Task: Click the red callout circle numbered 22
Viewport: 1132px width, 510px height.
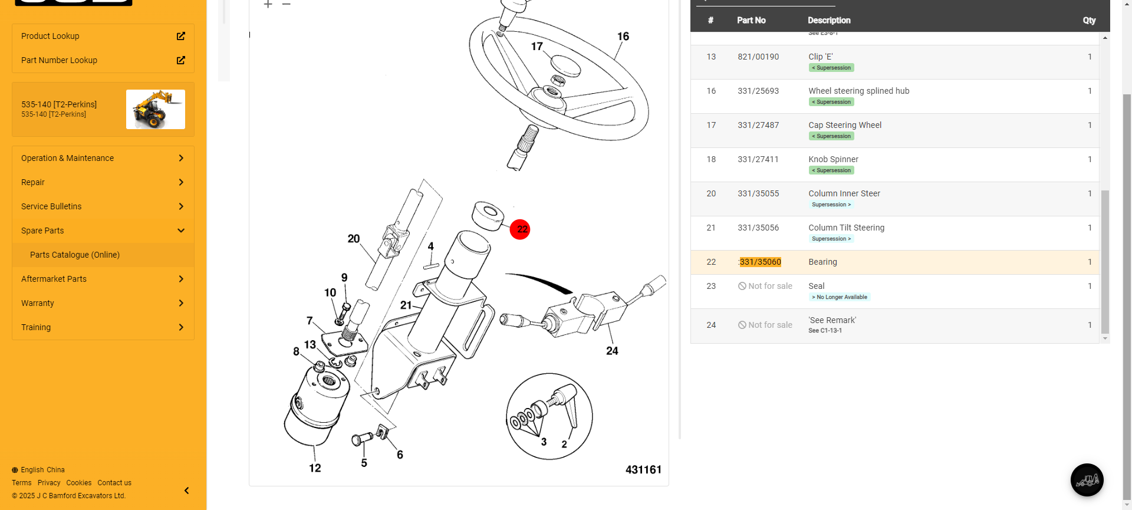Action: [520, 229]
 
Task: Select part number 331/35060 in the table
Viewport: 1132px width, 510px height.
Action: [760, 262]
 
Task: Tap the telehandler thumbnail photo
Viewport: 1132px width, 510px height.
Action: [156, 109]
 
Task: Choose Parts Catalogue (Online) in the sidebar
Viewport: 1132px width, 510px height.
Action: [75, 255]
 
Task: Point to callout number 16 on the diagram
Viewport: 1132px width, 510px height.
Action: [623, 37]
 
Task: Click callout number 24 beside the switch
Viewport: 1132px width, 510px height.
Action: [612, 351]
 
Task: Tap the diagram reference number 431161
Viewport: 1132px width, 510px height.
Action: [643, 469]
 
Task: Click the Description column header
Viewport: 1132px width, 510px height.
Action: [829, 20]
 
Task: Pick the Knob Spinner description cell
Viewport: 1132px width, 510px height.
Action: [833, 159]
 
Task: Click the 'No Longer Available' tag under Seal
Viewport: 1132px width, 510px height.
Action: [840, 297]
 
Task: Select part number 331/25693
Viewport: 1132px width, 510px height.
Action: [758, 91]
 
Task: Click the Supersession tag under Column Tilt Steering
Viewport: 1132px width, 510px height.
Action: [831, 239]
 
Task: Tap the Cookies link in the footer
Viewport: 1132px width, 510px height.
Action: [79, 483]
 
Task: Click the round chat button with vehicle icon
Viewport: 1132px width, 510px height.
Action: [1087, 480]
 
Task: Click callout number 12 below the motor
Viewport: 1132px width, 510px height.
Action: [315, 468]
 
